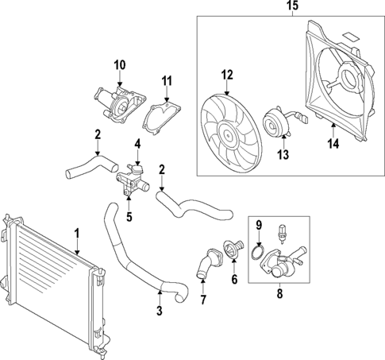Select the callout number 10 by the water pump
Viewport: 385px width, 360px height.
[120, 64]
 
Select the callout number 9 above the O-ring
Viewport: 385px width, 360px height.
[258, 226]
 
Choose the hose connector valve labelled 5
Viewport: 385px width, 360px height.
[129, 184]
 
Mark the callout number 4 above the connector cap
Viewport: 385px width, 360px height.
[137, 144]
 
